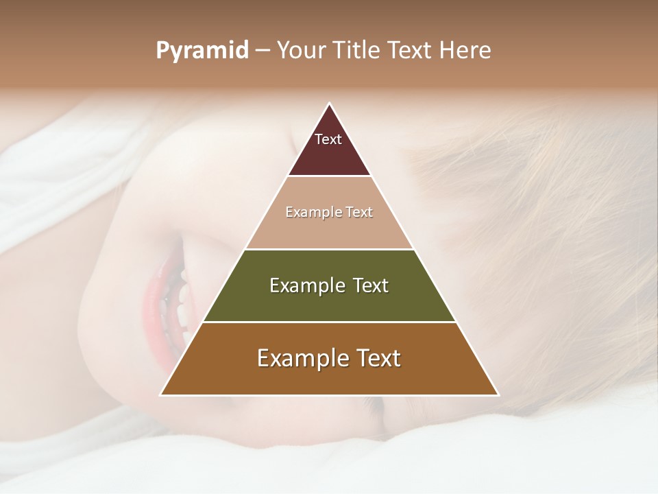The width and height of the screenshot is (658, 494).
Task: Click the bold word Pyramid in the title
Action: click(x=202, y=51)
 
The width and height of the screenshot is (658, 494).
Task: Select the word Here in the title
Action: click(x=465, y=51)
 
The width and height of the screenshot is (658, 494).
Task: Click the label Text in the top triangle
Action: click(x=328, y=139)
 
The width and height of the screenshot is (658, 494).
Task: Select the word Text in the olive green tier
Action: click(x=371, y=285)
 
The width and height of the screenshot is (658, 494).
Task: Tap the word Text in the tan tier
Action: click(x=359, y=213)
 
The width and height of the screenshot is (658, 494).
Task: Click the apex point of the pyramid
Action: click(x=330, y=104)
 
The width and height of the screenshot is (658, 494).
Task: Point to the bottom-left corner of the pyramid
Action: click(x=161, y=395)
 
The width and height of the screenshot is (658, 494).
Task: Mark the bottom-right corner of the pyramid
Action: click(x=498, y=395)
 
